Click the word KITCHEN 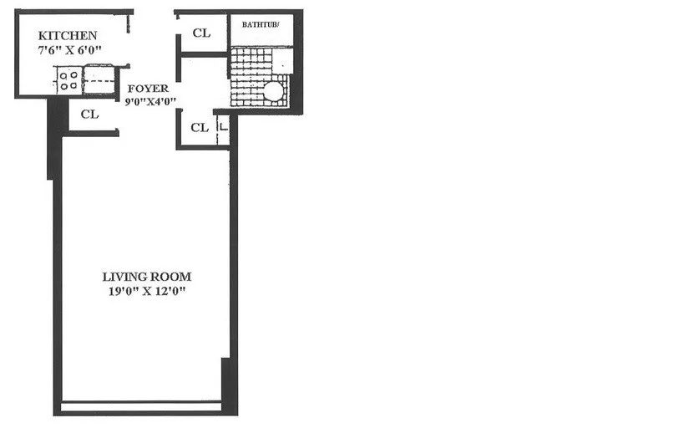[68, 36]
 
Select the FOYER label [148, 89]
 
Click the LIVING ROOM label [147, 276]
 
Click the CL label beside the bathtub [200, 33]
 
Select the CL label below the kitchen [90, 115]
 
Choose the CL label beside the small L [199, 128]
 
